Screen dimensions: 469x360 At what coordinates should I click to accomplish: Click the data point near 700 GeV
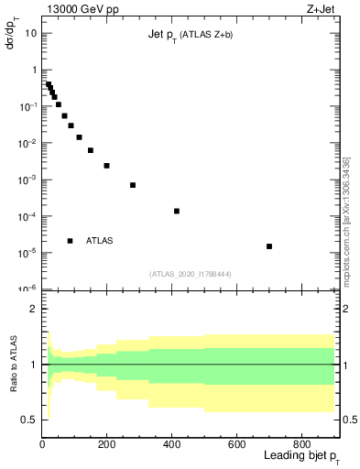(269, 246)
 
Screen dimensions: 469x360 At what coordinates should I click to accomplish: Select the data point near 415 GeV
(177, 212)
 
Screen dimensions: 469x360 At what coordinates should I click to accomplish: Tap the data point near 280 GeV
(133, 185)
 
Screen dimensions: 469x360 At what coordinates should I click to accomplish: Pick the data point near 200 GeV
(107, 166)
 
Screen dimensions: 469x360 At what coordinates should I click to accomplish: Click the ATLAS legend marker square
(71, 241)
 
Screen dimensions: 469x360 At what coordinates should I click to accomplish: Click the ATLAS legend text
(100, 241)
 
